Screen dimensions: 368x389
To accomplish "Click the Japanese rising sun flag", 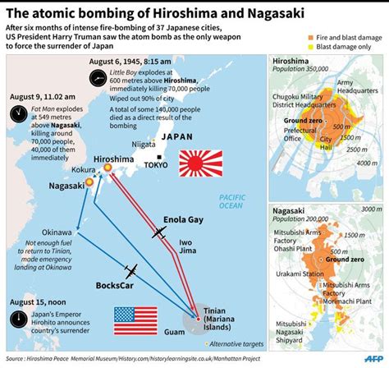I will click(201, 163).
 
